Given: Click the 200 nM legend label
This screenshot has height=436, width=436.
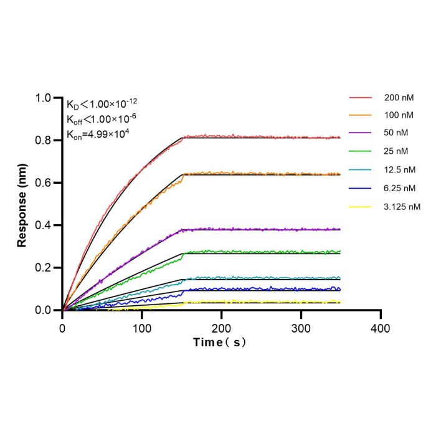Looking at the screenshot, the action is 399,98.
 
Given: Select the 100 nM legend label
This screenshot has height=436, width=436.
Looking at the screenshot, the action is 399,115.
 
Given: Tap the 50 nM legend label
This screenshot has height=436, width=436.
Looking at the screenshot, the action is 396,133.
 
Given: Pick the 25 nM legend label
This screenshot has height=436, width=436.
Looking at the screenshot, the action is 396,151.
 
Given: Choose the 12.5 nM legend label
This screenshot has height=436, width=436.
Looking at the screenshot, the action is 400,169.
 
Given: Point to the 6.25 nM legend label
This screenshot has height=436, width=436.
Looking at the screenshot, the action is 400,188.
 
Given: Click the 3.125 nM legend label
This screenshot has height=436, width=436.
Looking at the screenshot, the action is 402,207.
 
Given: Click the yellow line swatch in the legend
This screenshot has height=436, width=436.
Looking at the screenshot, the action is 360,207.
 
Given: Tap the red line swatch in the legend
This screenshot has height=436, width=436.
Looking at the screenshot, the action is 361,98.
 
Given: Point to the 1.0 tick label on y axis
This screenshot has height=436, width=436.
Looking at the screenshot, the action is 43,98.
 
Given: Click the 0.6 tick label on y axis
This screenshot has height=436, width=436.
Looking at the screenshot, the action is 43,182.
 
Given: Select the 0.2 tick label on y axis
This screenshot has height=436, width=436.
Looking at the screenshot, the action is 43,268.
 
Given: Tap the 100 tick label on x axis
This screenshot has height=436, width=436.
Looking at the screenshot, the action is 142,329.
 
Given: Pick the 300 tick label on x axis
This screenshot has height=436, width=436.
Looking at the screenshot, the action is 301,329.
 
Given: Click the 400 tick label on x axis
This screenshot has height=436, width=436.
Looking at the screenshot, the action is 381,329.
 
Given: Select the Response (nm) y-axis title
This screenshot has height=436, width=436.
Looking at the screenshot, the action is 22,205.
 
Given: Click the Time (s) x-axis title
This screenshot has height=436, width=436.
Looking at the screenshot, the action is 219,343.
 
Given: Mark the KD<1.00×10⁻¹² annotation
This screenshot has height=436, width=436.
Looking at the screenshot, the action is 102,104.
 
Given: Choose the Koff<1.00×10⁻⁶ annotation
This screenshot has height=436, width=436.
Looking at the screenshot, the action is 101,119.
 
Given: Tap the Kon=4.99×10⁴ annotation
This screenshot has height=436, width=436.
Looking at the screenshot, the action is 98,135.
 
